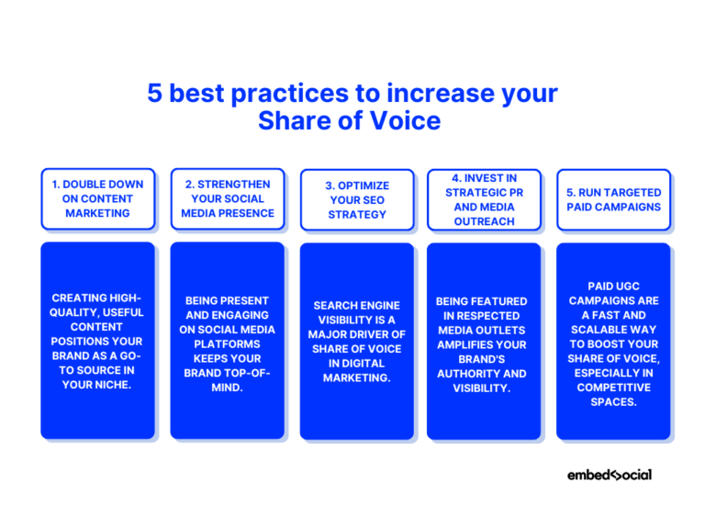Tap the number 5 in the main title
[x=155, y=94]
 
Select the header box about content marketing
[x=97, y=198]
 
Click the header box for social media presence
[x=227, y=198]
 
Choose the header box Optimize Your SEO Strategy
[x=357, y=199]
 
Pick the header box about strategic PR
[x=484, y=198]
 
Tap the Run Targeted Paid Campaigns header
[x=613, y=199]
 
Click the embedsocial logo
[x=609, y=475]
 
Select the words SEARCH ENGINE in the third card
[x=357, y=305]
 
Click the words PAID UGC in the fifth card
[x=613, y=286]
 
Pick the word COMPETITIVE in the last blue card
[x=613, y=388]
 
